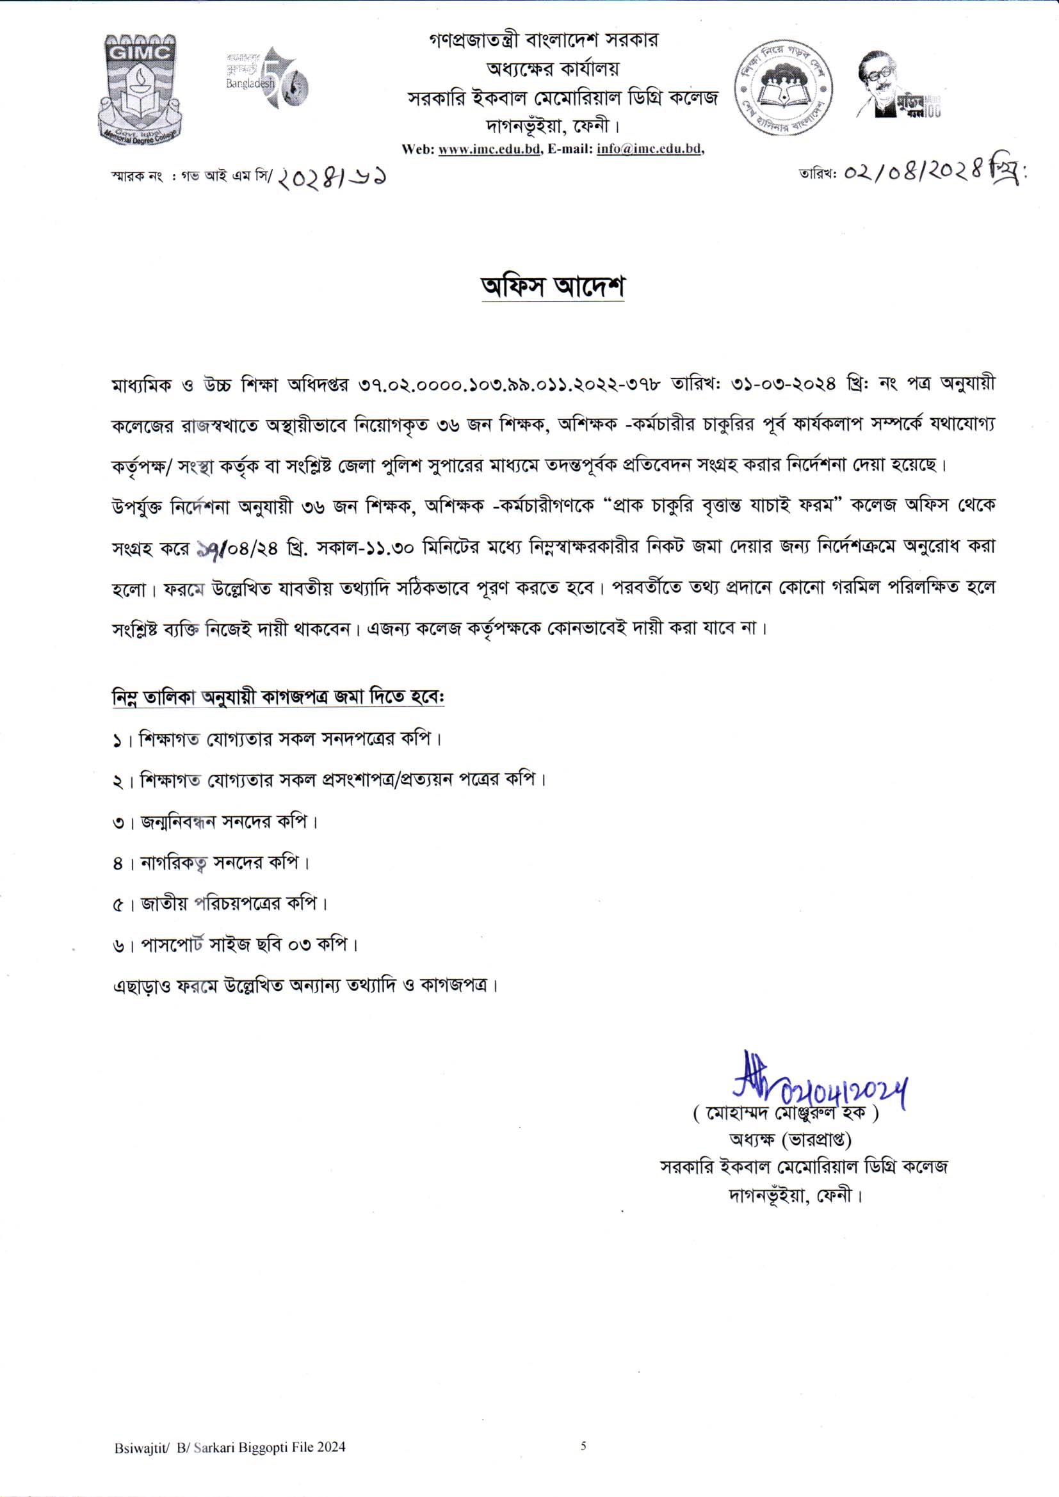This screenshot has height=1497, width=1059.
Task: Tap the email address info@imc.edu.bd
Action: (x=649, y=149)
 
